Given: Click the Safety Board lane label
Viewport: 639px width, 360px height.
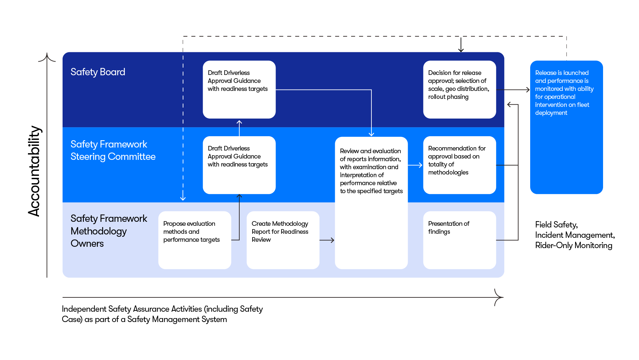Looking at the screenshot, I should tap(98, 72).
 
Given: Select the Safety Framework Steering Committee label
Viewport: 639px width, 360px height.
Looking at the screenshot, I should tap(113, 150).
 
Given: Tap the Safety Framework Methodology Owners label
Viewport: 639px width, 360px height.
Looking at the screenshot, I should tap(108, 231).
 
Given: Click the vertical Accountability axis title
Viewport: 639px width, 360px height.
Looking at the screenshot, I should tap(34, 171).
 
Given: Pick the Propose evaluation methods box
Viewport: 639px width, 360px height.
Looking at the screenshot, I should tap(194, 240).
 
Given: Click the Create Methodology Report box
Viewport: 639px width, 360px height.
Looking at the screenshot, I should tap(283, 240).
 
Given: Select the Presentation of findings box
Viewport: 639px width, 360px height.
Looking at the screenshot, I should tap(459, 240).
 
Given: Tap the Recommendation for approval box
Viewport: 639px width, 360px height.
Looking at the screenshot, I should tap(459, 165).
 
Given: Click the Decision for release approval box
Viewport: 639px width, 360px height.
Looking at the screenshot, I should tap(459, 89).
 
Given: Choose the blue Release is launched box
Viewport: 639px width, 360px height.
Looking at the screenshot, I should tap(566, 127).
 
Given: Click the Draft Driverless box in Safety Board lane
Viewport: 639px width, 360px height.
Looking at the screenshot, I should tap(239, 89).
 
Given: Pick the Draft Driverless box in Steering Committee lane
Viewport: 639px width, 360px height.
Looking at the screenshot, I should tap(239, 165).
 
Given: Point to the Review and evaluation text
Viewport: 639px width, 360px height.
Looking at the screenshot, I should tap(371, 171).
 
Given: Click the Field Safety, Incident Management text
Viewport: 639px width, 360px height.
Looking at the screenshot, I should tap(574, 235).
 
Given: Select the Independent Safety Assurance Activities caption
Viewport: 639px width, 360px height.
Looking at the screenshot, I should tap(162, 314).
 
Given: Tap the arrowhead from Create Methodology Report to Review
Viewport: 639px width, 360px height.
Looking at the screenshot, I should tap(332, 240).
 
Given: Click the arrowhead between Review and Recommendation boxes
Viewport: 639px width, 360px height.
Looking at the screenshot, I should tap(420, 165).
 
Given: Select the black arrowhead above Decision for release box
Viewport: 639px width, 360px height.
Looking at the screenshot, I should tap(461, 50).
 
